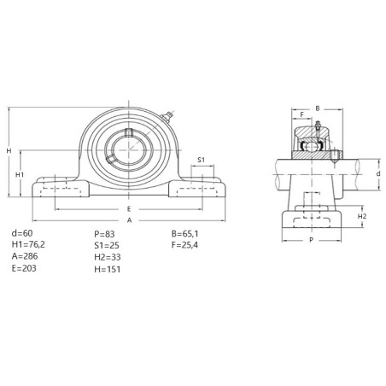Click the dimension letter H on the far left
pyautogui.click(x=9, y=150)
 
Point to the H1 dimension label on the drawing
pyautogui.click(x=20, y=175)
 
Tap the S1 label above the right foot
pyautogui.click(x=202, y=160)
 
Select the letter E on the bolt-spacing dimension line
pyautogui.click(x=129, y=209)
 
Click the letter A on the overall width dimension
pyautogui.click(x=130, y=220)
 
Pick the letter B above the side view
pyautogui.click(x=318, y=108)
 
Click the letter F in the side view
pyautogui.click(x=302, y=114)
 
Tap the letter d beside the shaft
pyautogui.click(x=378, y=173)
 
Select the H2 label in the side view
pyautogui.click(x=362, y=216)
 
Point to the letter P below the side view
pyautogui.click(x=312, y=240)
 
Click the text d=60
pyautogui.click(x=22, y=233)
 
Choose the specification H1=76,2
pyautogui.click(x=28, y=244)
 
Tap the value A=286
pyautogui.click(x=25, y=256)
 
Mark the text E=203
pyautogui.click(x=24, y=268)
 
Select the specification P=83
pyautogui.click(x=104, y=234)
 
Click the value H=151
pyautogui.click(x=108, y=269)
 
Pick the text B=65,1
pyautogui.click(x=185, y=234)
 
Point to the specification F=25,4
pyautogui.click(x=184, y=245)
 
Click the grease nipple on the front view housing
pyautogui.click(x=167, y=117)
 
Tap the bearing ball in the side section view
pyautogui.click(x=312, y=147)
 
